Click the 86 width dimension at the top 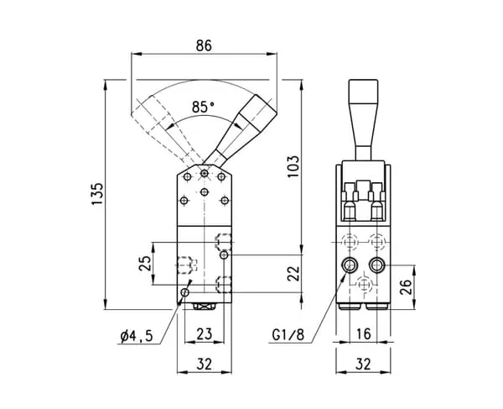[204, 45]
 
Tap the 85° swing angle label [203, 107]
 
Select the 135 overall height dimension [97, 194]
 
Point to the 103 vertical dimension [293, 166]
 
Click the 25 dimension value [145, 264]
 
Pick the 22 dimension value [293, 274]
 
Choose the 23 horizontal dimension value [205, 333]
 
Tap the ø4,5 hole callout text [137, 336]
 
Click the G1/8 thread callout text [288, 335]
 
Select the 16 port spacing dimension [364, 333]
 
